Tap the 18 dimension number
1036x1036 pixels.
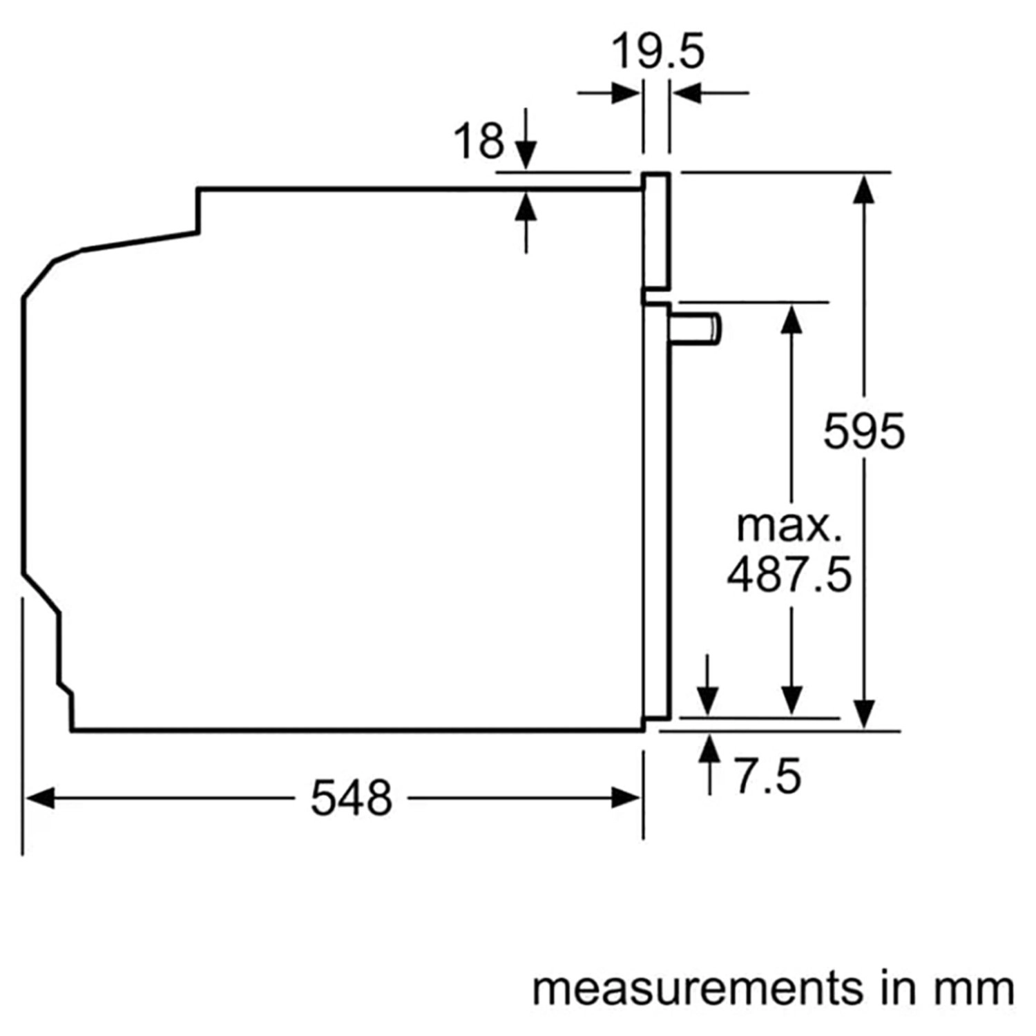click(x=479, y=141)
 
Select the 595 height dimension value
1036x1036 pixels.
click(x=863, y=432)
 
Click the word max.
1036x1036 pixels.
click(x=789, y=527)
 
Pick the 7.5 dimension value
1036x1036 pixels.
click(x=767, y=776)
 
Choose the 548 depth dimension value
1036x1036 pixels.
click(x=351, y=799)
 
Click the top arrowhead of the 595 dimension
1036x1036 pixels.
click(x=863, y=189)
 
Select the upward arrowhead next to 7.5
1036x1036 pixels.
click(x=709, y=749)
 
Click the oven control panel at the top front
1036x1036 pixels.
click(x=656, y=231)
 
